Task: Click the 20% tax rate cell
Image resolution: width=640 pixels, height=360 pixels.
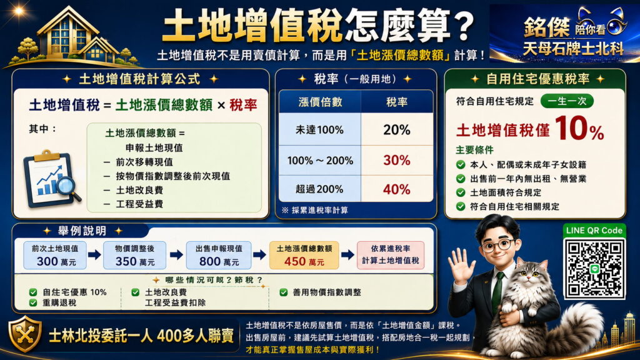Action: coord(397,130)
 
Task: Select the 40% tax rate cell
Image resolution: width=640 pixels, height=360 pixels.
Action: coord(397,189)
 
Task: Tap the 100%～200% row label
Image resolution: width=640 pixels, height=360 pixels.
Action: coord(320,161)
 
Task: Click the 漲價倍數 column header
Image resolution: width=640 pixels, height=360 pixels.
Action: coord(320,102)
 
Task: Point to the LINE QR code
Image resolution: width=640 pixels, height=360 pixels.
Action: coord(594,268)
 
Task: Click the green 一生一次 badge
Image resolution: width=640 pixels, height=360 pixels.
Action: coord(567,101)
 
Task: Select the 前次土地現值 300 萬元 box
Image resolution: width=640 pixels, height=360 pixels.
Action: coord(55,255)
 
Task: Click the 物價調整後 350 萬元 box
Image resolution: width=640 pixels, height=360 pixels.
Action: coord(135,255)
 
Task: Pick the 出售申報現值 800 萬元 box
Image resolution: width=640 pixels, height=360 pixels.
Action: coord(219,255)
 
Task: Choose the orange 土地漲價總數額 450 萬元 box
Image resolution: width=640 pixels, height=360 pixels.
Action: coord(304,255)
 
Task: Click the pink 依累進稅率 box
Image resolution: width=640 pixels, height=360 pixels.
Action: coord(391,255)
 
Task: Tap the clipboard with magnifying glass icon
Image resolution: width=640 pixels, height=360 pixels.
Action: coord(51,179)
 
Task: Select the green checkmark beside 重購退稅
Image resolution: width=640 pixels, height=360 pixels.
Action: coord(33,303)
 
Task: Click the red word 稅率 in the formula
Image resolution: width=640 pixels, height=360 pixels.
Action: coord(243,105)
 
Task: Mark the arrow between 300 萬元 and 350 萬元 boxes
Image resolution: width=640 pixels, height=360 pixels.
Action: coord(94,255)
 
